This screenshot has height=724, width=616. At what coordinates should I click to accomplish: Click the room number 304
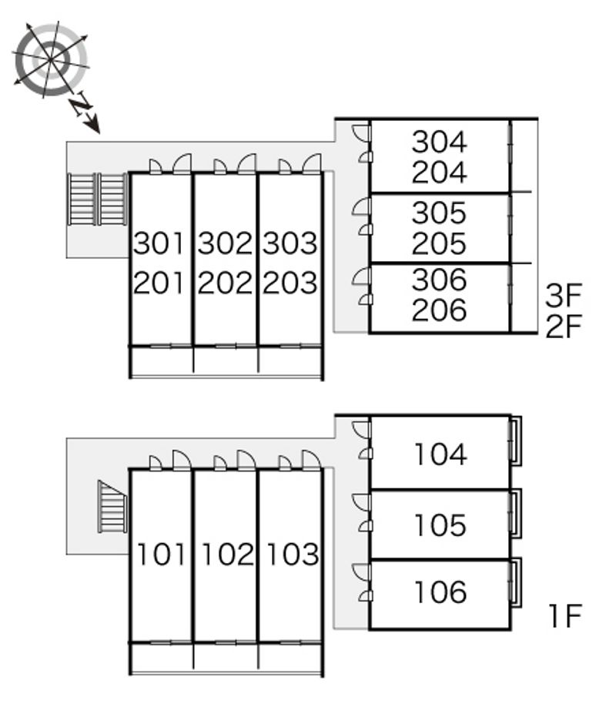[x=439, y=142]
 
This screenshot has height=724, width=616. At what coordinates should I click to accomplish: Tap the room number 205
[x=439, y=244]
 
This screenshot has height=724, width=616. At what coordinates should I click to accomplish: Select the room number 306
[x=439, y=280]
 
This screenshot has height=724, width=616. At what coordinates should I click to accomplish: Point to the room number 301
[x=159, y=243]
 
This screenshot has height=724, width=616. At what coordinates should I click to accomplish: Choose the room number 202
[x=225, y=283]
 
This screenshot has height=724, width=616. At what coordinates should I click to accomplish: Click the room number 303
[x=290, y=243]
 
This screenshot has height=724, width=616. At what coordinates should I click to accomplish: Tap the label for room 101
[x=161, y=555]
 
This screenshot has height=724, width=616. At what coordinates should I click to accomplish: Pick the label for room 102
[x=228, y=555]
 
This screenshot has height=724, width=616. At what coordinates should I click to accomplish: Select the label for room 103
[x=293, y=555]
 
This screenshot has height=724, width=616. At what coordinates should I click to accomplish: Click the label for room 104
[x=440, y=454]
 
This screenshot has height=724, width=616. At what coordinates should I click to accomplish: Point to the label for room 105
[x=440, y=525]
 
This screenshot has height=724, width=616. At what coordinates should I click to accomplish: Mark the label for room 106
[x=440, y=592]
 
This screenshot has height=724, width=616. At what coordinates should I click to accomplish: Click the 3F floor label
[x=564, y=296]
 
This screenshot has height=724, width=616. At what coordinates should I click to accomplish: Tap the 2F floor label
[x=564, y=327]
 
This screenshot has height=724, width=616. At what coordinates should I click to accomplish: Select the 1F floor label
[x=565, y=616]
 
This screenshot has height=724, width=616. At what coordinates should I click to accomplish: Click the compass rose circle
[x=50, y=59]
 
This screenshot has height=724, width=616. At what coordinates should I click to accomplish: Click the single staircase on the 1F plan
[x=112, y=507]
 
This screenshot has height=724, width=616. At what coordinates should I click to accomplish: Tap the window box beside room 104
[x=515, y=441]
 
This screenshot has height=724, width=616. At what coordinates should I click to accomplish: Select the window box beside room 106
[x=515, y=583]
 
